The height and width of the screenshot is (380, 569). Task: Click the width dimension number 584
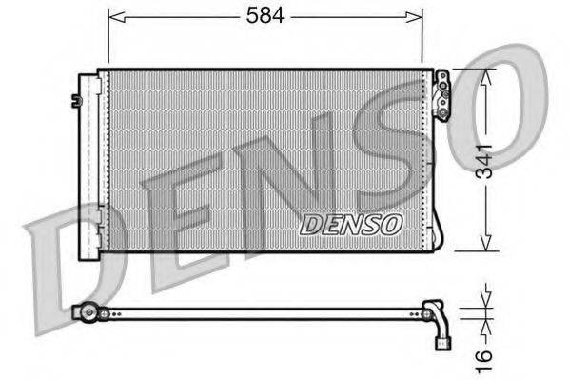click(265, 16)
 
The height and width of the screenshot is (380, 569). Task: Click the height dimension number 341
click(485, 161)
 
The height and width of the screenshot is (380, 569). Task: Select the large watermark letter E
click(176, 214)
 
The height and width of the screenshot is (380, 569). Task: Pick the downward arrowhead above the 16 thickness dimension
click(486, 300)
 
